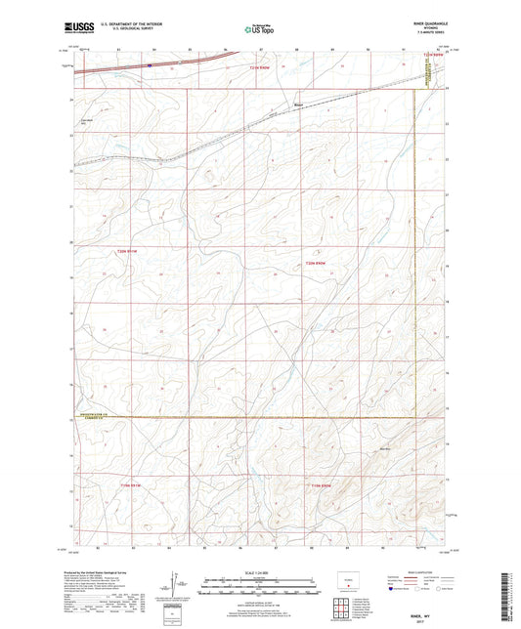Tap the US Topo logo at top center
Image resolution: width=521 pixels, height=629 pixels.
point(260,28)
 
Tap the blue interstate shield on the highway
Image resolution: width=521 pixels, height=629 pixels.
point(150,65)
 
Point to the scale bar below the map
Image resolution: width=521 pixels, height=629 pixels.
point(260,588)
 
